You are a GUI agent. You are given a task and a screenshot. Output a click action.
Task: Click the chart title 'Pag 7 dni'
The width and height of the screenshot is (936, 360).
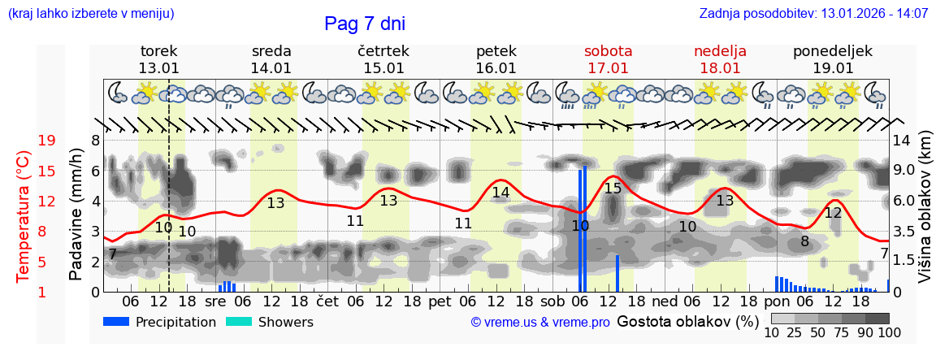[364, 24]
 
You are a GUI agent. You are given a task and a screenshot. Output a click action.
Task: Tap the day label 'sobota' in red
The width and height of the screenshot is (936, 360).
[608, 51]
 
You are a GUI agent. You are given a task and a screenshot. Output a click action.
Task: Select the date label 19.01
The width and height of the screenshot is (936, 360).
[833, 68]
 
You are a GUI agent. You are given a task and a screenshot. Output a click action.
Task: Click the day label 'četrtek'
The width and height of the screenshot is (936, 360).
[383, 51]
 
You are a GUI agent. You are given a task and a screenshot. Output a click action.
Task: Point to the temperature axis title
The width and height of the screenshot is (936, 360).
[24, 216]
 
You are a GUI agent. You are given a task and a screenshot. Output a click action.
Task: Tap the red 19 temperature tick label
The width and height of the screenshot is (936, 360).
[46, 141]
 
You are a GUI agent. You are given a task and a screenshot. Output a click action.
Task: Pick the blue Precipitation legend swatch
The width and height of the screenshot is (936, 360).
[116, 322]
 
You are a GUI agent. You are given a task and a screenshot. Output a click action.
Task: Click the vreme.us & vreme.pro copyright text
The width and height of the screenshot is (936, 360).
[540, 323]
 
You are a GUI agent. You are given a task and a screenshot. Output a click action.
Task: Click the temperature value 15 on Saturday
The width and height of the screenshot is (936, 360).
[613, 189]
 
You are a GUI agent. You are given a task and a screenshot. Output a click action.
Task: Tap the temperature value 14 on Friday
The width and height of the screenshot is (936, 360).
[500, 193]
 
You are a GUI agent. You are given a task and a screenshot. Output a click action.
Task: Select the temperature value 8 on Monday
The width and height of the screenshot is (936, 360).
[804, 241]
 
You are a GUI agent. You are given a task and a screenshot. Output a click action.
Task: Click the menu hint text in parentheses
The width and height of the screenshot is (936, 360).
[91, 14]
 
